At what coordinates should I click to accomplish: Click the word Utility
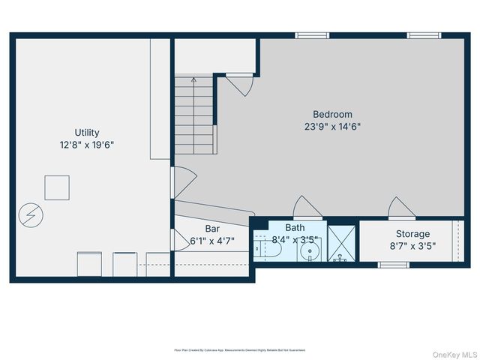[87, 133]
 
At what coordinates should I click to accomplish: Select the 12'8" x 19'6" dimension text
[87, 145]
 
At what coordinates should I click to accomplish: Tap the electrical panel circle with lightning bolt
[31, 216]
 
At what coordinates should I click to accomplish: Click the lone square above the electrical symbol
[57, 187]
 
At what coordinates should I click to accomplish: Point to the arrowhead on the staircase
[194, 78]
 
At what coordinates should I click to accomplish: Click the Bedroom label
[334, 115]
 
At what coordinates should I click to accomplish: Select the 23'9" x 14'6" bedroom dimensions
[334, 127]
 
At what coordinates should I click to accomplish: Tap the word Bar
[212, 229]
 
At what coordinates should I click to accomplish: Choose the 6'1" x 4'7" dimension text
[212, 241]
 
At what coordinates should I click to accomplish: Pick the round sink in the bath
[309, 251]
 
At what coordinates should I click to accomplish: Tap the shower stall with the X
[342, 242]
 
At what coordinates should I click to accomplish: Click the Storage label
[412, 234]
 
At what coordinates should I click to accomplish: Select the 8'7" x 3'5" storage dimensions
[412, 246]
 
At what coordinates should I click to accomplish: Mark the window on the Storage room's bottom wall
[393, 264]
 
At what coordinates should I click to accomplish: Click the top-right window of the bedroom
[424, 34]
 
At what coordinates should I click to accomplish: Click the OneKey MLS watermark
[452, 352]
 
